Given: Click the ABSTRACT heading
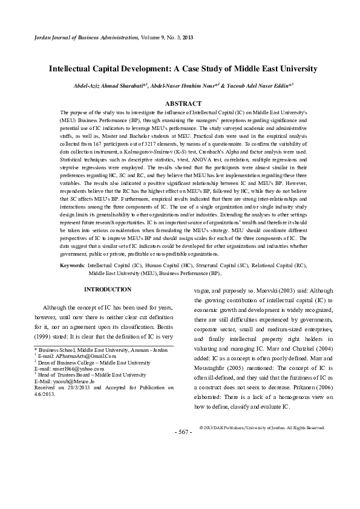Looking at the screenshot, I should tap(180, 104).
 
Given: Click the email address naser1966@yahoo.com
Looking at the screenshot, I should tap(70, 368).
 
